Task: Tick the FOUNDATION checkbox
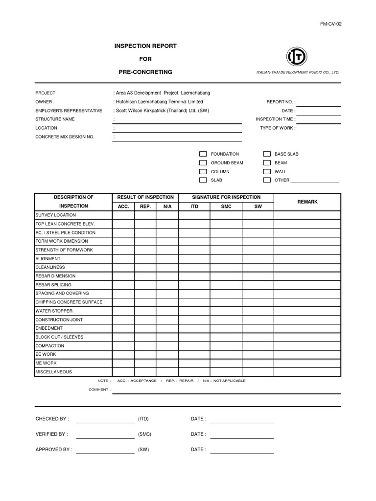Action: (203, 154)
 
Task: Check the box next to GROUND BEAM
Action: (203, 163)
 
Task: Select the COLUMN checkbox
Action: (203, 172)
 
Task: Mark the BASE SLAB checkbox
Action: (267, 154)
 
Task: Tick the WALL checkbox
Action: (267, 172)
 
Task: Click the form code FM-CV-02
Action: (332, 23)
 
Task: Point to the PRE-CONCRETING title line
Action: (145, 72)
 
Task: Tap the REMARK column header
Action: (307, 202)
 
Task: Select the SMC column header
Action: (226, 206)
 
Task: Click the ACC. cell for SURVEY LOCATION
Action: (123, 215)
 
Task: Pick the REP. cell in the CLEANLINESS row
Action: (145, 268)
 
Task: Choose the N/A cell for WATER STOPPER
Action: (167, 311)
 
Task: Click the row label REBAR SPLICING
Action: (53, 285)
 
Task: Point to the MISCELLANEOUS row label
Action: (54, 372)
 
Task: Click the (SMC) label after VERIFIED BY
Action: (144, 434)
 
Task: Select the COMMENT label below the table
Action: (98, 390)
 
